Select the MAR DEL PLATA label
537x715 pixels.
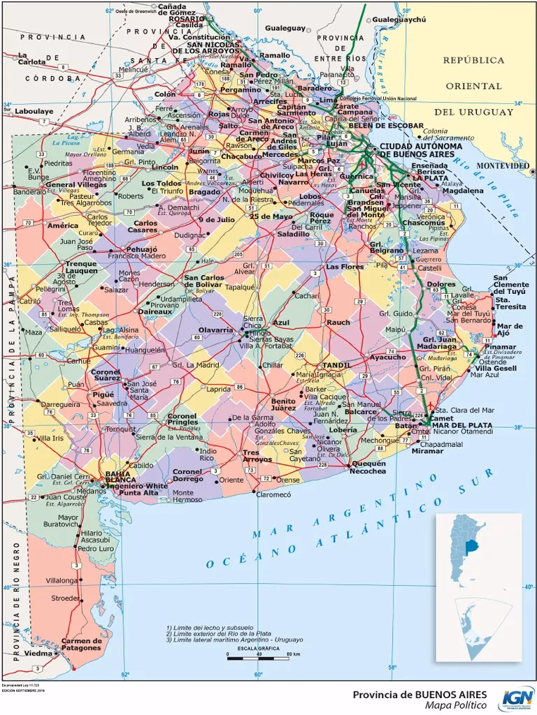tap(461, 425)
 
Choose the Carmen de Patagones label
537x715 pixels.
tap(82, 644)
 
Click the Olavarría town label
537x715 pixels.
tap(216, 329)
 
